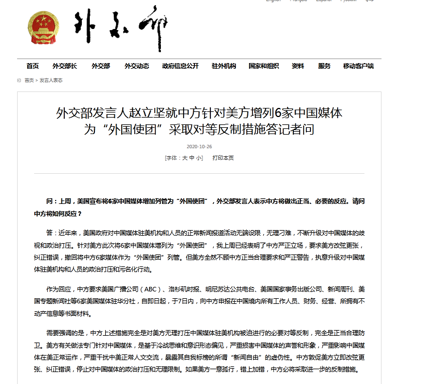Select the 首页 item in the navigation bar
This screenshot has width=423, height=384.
[32, 66]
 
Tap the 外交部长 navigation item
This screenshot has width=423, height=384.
[64, 66]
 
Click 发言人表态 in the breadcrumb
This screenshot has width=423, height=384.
[51, 80]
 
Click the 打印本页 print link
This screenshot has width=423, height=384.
[223, 157]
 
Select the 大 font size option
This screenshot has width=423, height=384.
[184, 157]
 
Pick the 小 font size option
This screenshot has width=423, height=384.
[199, 157]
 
